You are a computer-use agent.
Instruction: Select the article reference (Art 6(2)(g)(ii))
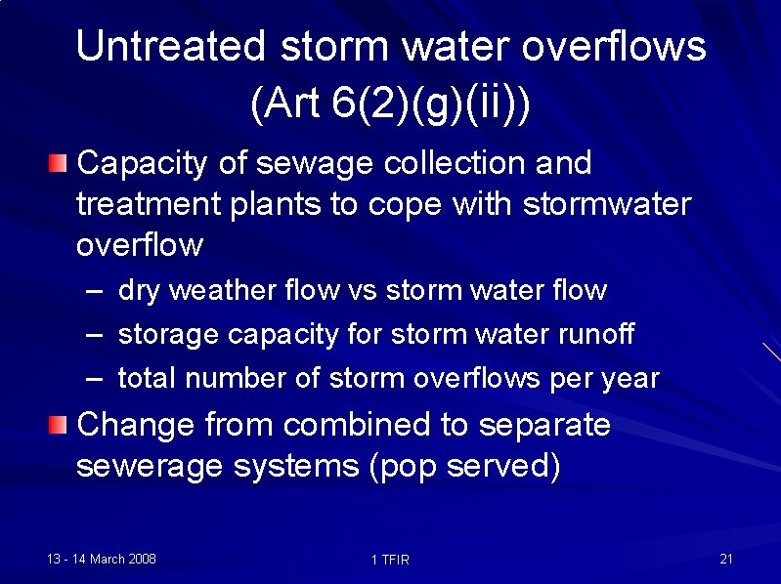390,104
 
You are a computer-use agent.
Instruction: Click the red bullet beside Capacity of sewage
60,163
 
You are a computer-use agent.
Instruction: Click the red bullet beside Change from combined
60,425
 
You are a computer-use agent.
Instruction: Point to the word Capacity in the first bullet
142,164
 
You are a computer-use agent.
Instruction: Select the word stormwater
607,205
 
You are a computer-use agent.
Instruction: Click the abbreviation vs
362,291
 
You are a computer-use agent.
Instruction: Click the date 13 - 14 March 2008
102,559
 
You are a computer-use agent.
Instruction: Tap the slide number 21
725,559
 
